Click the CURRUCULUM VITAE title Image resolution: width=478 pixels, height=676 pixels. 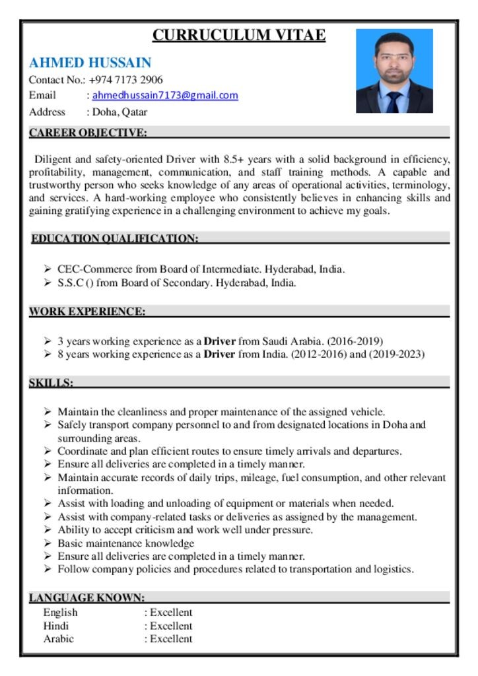pyautogui.click(x=238, y=35)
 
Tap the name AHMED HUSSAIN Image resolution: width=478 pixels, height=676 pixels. pyautogui.click(x=90, y=63)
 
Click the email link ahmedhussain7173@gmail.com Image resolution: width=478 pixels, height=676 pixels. pyautogui.click(x=165, y=96)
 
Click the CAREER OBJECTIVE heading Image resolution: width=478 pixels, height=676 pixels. pyautogui.click(x=88, y=133)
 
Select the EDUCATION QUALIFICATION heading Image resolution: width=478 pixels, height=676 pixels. pyautogui.click(x=115, y=238)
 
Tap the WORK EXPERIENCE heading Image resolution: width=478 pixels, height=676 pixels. pyautogui.click(x=86, y=311)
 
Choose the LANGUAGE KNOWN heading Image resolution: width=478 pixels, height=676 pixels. pyautogui.click(x=86, y=597)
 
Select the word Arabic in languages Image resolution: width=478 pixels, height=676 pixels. pyautogui.click(x=59, y=638)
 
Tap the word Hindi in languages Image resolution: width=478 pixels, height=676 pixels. pyautogui.click(x=56, y=625)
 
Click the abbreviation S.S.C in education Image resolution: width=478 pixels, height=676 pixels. pyautogui.click(x=70, y=283)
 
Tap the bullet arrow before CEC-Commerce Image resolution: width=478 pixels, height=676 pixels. pyautogui.click(x=48, y=269)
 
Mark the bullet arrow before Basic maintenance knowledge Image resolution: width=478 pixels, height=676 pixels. pyautogui.click(x=48, y=543)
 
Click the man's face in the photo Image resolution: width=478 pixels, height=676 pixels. pyautogui.click(x=394, y=59)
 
